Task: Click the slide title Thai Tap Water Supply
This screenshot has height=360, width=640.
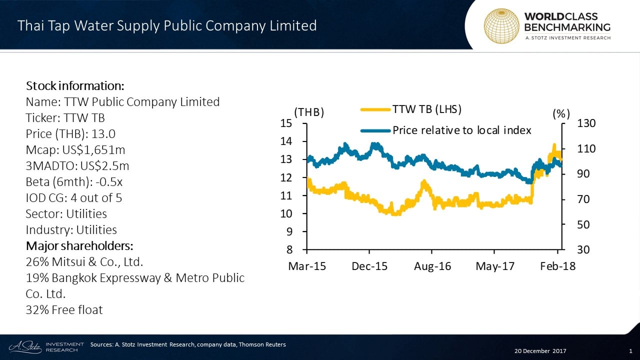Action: (x=167, y=25)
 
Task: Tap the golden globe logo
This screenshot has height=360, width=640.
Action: (x=501, y=25)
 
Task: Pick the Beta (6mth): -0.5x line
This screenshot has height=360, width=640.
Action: (x=74, y=182)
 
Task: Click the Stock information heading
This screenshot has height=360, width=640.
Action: (x=71, y=85)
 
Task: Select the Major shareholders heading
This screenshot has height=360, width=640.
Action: (x=79, y=246)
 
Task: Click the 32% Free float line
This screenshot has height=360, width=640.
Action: (x=64, y=310)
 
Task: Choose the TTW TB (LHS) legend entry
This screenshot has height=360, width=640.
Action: (x=426, y=109)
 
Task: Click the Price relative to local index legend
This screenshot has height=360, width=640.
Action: (x=461, y=130)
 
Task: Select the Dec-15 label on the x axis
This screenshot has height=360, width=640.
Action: (x=369, y=266)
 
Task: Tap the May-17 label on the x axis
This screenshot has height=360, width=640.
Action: (x=495, y=266)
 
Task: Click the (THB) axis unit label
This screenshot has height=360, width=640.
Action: (x=309, y=113)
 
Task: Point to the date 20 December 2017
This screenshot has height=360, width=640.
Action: (x=538, y=350)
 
